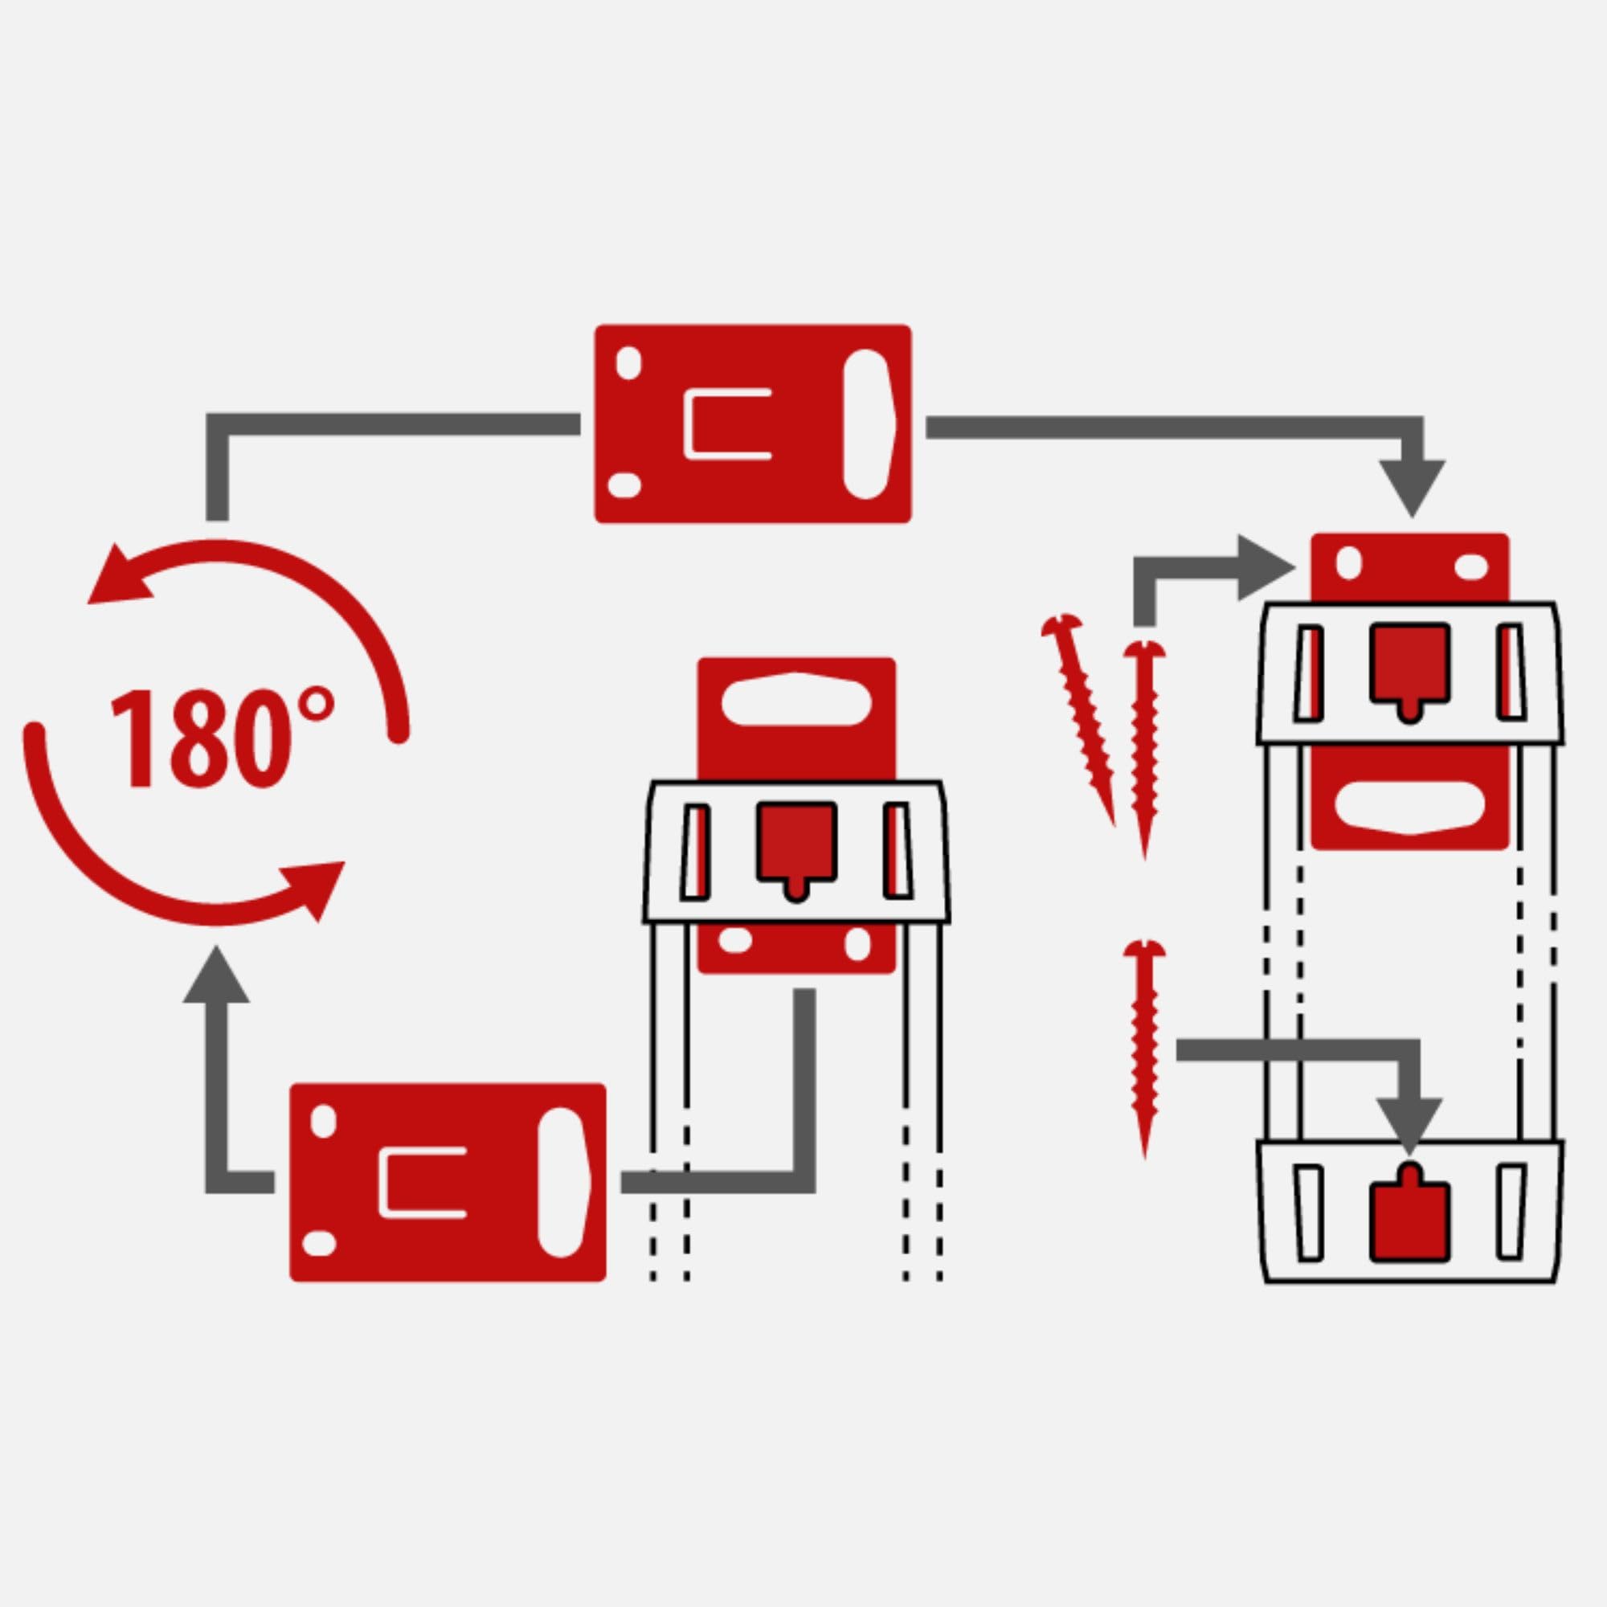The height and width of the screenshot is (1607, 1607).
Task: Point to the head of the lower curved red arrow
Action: (318, 887)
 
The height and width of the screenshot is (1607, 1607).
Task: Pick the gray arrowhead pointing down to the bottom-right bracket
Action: (1409, 1127)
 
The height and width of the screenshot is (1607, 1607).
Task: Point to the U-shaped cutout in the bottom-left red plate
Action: (421, 1183)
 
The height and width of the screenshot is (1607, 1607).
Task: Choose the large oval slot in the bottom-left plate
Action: (563, 1183)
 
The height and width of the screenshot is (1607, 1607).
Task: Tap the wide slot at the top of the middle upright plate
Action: (796, 699)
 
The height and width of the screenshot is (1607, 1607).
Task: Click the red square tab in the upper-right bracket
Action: (1409, 662)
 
